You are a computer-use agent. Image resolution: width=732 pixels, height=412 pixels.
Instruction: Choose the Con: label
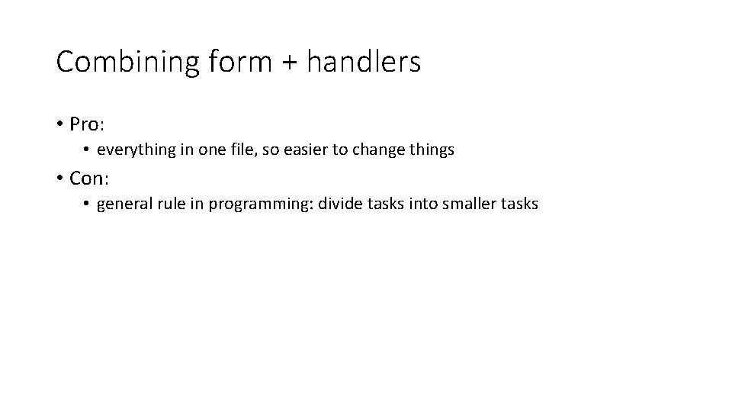91,179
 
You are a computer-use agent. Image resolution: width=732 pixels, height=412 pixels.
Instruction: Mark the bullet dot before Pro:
59,124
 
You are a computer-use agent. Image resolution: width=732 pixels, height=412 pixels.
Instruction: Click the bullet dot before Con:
59,179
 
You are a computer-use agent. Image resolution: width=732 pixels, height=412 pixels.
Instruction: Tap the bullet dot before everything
88,150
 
